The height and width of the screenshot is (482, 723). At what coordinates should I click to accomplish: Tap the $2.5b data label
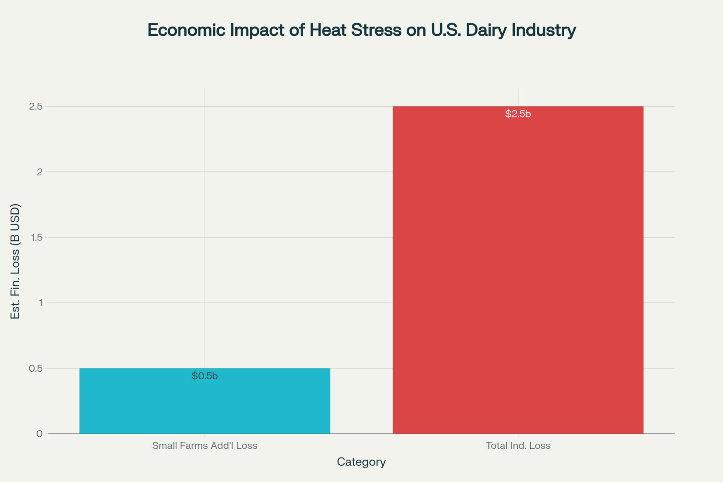pyautogui.click(x=518, y=114)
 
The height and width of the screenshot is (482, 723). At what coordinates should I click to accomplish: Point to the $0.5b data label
pyautogui.click(x=205, y=376)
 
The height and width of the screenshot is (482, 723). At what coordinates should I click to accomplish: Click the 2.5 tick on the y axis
pyautogui.click(x=36, y=106)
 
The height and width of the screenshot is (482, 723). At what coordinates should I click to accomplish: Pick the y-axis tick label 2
pyautogui.click(x=40, y=172)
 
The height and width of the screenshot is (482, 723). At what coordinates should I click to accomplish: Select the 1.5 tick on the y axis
pyautogui.click(x=37, y=237)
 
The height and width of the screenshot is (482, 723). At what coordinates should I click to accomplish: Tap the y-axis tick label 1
pyautogui.click(x=40, y=303)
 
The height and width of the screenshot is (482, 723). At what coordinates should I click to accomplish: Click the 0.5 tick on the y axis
pyautogui.click(x=36, y=368)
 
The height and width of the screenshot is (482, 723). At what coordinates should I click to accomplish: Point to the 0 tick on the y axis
pyautogui.click(x=39, y=434)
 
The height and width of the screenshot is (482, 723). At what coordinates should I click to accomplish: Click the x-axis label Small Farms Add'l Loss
pyautogui.click(x=205, y=445)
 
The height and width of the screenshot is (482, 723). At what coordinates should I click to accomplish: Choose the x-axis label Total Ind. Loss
pyautogui.click(x=518, y=445)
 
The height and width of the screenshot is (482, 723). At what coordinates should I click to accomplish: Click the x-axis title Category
pyautogui.click(x=361, y=462)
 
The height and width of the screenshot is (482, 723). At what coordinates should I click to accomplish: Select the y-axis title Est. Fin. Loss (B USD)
pyautogui.click(x=15, y=261)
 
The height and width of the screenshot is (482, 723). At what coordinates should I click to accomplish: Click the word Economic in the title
pyautogui.click(x=186, y=30)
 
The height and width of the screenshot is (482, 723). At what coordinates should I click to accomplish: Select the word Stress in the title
pyautogui.click(x=376, y=30)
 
